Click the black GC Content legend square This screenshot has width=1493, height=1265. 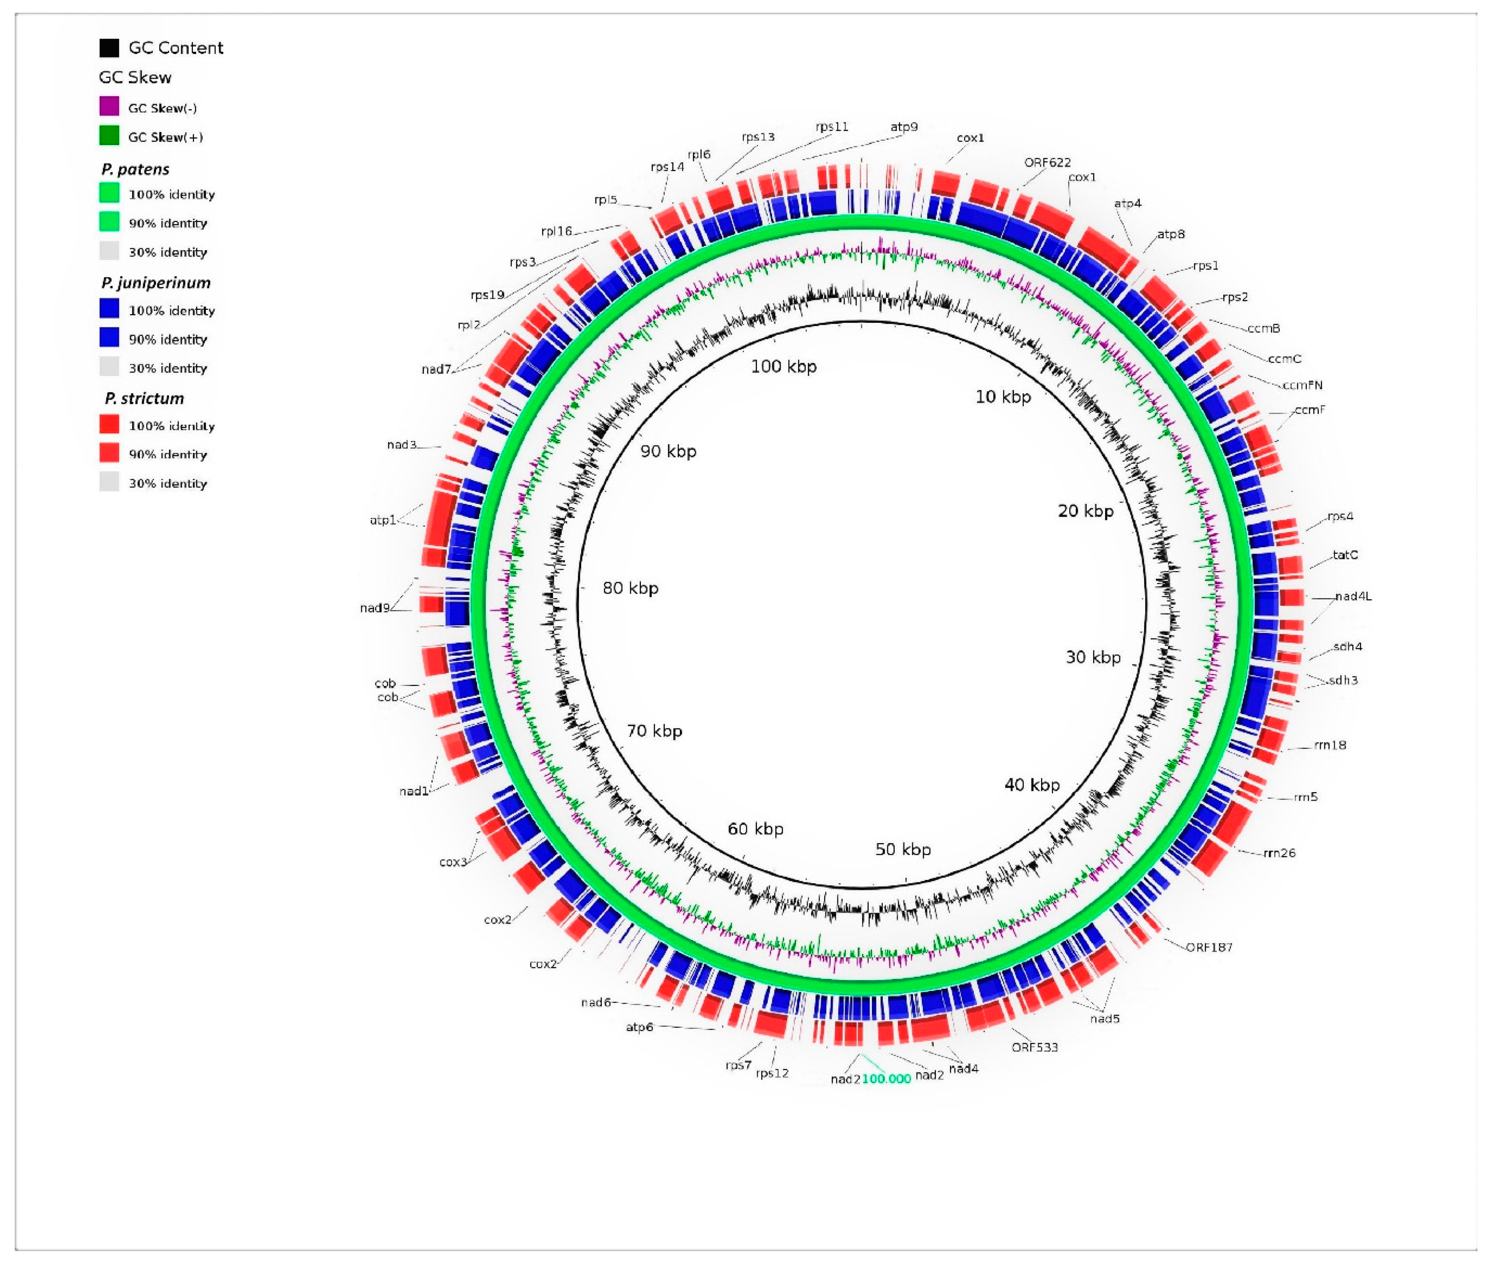click(x=109, y=48)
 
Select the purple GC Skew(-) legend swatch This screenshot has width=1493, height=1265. click(x=109, y=107)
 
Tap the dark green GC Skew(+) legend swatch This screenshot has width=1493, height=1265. click(x=109, y=136)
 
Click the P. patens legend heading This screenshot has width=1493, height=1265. click(x=135, y=169)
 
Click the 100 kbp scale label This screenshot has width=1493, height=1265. click(x=783, y=366)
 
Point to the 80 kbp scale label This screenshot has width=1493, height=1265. click(x=630, y=588)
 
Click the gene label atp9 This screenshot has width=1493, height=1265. click(x=904, y=127)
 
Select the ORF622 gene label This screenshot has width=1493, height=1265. click(x=1047, y=163)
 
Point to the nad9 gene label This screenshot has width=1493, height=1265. click(x=374, y=608)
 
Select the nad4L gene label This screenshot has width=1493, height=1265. click(x=1353, y=596)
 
